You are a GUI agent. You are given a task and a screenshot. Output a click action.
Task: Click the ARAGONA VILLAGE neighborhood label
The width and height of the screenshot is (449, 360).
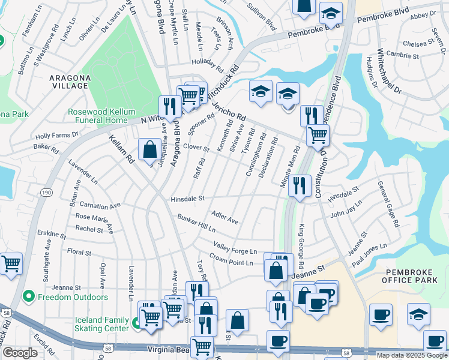point(53,82)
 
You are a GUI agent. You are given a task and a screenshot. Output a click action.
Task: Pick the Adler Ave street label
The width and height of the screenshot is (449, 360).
point(225,217)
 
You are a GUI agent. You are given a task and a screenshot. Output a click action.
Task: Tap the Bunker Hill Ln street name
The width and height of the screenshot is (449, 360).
point(196,224)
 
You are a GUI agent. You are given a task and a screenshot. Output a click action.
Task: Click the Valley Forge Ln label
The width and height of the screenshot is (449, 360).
point(235,247)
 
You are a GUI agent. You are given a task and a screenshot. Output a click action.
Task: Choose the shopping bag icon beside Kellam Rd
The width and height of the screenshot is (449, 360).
point(149,149)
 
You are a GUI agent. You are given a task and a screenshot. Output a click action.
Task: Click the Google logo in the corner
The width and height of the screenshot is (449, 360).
point(20,353)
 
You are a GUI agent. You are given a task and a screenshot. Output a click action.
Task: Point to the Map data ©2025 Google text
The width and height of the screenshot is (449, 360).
point(411,355)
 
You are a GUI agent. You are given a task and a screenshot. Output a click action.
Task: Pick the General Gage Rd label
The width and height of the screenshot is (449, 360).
point(388,204)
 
